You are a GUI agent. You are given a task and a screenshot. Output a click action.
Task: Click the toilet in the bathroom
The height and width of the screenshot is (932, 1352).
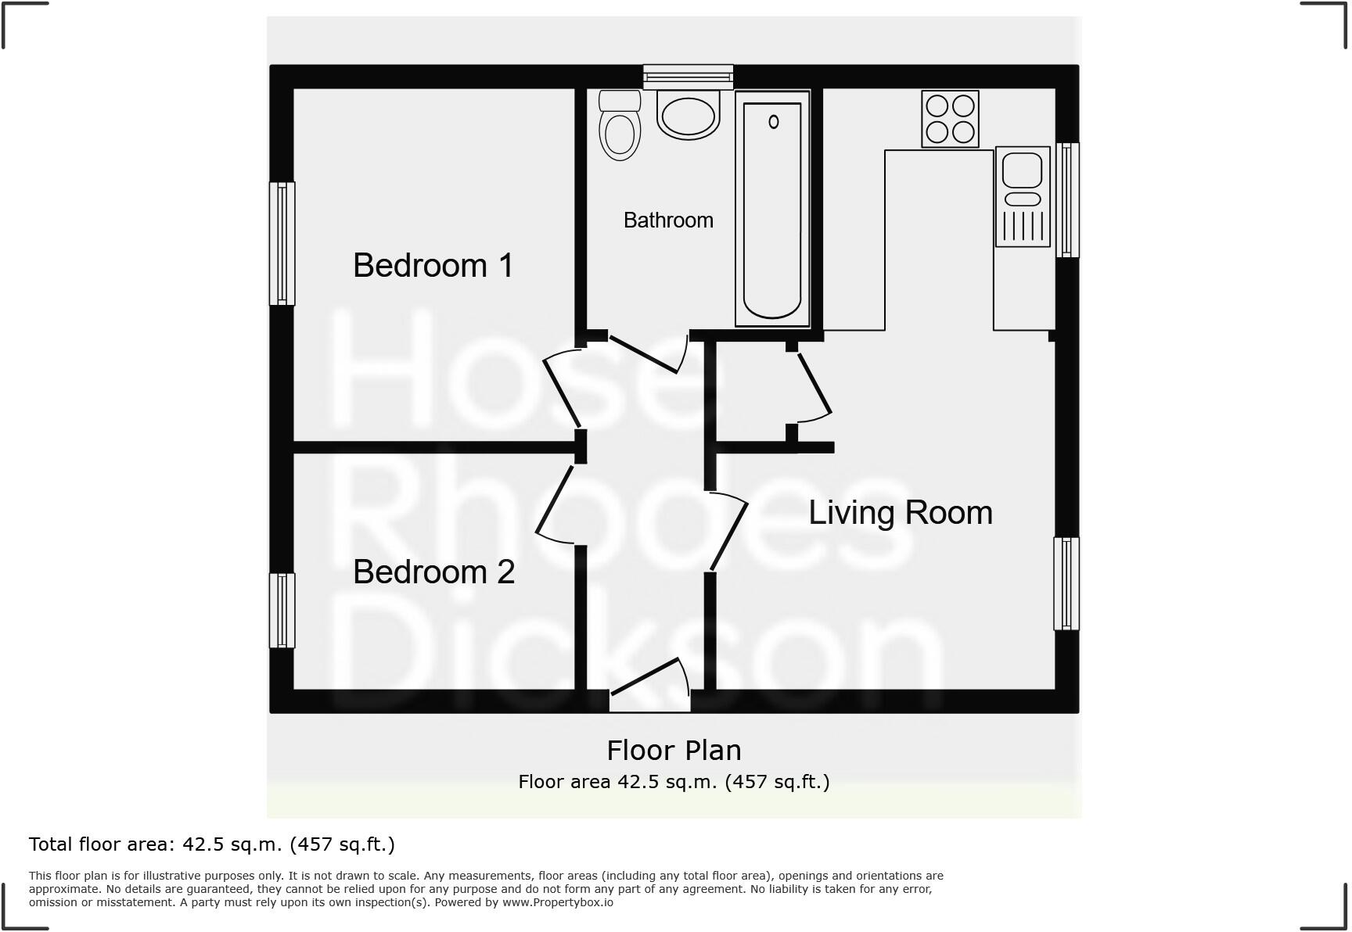click(620, 127)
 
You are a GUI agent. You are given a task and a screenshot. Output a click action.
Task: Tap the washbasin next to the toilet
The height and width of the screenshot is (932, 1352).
click(688, 115)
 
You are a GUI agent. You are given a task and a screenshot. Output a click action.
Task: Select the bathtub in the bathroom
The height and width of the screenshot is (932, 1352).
click(772, 210)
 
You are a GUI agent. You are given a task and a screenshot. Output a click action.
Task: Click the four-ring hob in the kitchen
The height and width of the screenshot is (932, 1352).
click(950, 119)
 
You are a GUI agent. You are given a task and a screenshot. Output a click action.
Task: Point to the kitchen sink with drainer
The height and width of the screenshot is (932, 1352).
click(1022, 196)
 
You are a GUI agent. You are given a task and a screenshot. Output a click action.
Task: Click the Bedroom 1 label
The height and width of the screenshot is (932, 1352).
click(433, 266)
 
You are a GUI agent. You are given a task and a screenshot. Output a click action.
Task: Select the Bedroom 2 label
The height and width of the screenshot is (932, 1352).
click(433, 572)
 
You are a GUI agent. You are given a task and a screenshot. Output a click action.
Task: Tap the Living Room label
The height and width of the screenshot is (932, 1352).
click(900, 513)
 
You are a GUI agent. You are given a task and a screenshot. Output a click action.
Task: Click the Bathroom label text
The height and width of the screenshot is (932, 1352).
click(668, 220)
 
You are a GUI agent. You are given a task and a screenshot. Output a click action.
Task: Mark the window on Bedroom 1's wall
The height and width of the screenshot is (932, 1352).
click(282, 243)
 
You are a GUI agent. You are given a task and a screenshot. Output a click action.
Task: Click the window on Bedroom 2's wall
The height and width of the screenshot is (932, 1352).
click(282, 611)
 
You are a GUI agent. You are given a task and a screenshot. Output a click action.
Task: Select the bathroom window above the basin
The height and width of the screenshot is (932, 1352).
click(688, 77)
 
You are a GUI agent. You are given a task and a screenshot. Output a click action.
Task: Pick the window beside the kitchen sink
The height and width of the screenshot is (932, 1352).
click(1067, 200)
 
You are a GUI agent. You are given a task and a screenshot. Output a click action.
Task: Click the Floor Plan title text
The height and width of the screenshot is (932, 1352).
click(674, 751)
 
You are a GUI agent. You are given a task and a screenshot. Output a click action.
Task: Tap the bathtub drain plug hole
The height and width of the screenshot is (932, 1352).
click(774, 122)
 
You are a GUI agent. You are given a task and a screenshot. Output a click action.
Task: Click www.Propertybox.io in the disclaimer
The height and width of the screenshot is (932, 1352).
click(557, 902)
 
